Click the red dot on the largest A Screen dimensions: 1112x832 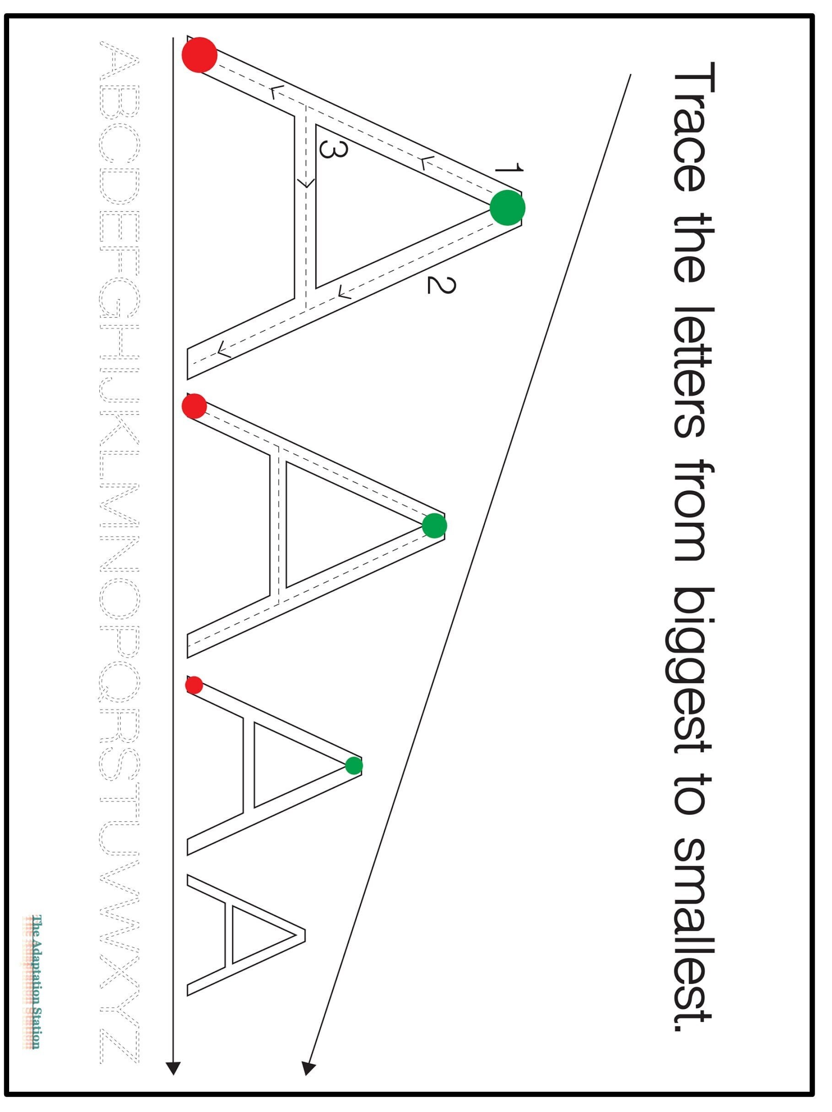(199, 55)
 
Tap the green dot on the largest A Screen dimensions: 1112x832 (507, 207)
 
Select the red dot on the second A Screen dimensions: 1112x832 (194, 406)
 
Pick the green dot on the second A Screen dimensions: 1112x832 (434, 526)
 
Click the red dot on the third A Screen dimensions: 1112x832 (194, 685)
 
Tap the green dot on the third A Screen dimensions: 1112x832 (354, 766)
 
